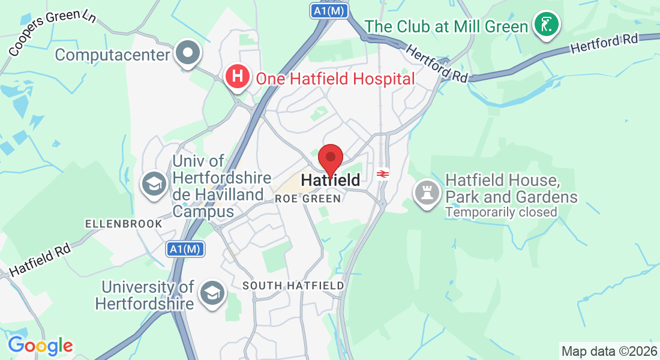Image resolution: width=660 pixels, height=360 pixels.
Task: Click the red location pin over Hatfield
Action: coord(330,158)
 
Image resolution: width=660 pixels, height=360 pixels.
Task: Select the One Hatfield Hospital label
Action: coord(335,79)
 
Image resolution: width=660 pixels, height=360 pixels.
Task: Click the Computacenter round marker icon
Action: coord(188,53)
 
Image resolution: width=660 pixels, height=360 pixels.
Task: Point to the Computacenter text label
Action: coord(112,55)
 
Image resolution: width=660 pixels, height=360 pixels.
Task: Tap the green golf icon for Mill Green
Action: coord(547,25)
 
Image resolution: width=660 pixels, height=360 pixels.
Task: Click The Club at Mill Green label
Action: coord(446,26)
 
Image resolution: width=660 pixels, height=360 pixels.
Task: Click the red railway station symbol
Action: coord(382,174)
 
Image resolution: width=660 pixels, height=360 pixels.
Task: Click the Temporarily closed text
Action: coord(501,212)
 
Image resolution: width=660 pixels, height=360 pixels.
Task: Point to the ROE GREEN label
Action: coord(308,199)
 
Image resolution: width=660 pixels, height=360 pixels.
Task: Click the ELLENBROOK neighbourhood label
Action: coord(124,224)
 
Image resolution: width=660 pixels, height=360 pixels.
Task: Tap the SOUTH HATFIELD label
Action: coord(293,286)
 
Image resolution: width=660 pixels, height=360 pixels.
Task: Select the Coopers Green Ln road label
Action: coord(52,32)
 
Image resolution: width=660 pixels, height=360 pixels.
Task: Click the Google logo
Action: coord(40,346)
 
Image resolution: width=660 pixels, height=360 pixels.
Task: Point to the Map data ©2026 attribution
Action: coord(608,350)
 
